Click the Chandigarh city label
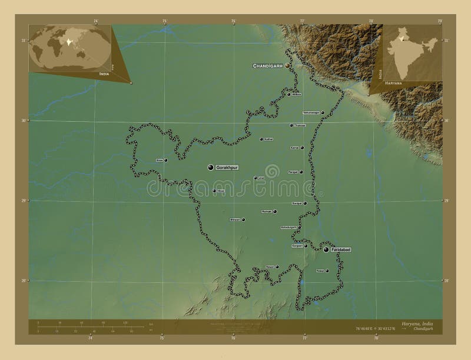[x=268, y=66]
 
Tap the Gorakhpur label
[x=227, y=168]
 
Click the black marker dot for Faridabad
[x=326, y=249]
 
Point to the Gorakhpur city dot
[x=210, y=168]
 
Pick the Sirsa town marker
[x=166, y=160]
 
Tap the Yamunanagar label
[x=311, y=112]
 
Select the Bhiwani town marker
[x=243, y=219]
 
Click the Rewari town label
[x=270, y=266]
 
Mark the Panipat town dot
[x=300, y=172]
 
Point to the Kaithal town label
[x=269, y=139]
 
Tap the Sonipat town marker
[x=305, y=204]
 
